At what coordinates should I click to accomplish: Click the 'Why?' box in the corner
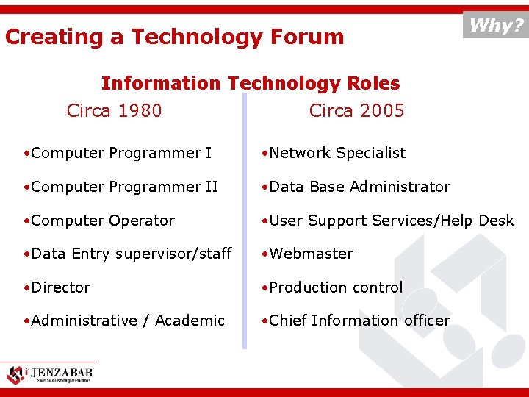(x=496, y=26)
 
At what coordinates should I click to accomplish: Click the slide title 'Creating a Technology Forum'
(x=174, y=37)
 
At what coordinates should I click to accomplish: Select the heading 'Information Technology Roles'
(x=251, y=83)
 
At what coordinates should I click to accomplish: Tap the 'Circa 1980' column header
(x=114, y=111)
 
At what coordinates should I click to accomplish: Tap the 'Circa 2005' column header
(x=356, y=111)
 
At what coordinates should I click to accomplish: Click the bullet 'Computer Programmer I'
(x=118, y=153)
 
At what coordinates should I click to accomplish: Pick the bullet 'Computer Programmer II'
(x=120, y=187)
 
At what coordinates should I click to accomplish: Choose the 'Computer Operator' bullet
(x=99, y=221)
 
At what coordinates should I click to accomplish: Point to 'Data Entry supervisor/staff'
(x=127, y=254)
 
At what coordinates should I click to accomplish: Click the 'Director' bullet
(x=57, y=287)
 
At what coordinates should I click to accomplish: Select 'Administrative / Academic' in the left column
(x=123, y=321)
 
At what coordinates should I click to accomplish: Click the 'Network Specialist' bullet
(x=334, y=153)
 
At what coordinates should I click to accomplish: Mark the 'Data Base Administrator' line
(x=356, y=187)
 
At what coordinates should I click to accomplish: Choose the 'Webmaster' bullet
(x=308, y=254)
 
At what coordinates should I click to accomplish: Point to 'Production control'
(x=333, y=287)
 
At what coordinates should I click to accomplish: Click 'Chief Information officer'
(x=356, y=321)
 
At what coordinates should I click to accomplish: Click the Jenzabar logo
(x=50, y=373)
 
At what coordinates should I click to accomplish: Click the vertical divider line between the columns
(x=244, y=221)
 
